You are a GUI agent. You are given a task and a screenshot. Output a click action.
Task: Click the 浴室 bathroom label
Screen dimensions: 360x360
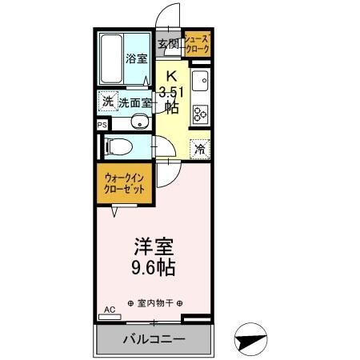(136, 58)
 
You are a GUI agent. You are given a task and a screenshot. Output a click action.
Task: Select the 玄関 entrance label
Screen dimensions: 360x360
(167, 43)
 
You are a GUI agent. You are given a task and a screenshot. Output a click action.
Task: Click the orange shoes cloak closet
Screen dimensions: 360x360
(197, 45)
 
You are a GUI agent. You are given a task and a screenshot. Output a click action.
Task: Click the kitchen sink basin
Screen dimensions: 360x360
(200, 82)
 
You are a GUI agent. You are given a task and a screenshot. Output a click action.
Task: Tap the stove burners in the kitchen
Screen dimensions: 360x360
(199, 113)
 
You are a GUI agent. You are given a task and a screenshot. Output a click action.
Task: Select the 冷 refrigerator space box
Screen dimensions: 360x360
(200, 148)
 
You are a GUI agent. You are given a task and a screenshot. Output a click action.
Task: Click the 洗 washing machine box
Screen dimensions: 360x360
(107, 102)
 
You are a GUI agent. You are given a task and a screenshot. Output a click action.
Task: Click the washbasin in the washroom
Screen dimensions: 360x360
(140, 122)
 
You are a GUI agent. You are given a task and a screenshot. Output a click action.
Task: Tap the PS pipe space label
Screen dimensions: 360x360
(101, 125)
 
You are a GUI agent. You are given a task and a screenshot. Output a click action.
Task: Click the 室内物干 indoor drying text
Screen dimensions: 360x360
(155, 303)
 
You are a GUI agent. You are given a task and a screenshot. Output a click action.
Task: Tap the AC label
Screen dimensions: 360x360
(109, 309)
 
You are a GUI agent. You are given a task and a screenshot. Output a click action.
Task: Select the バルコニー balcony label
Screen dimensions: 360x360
(154, 338)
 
